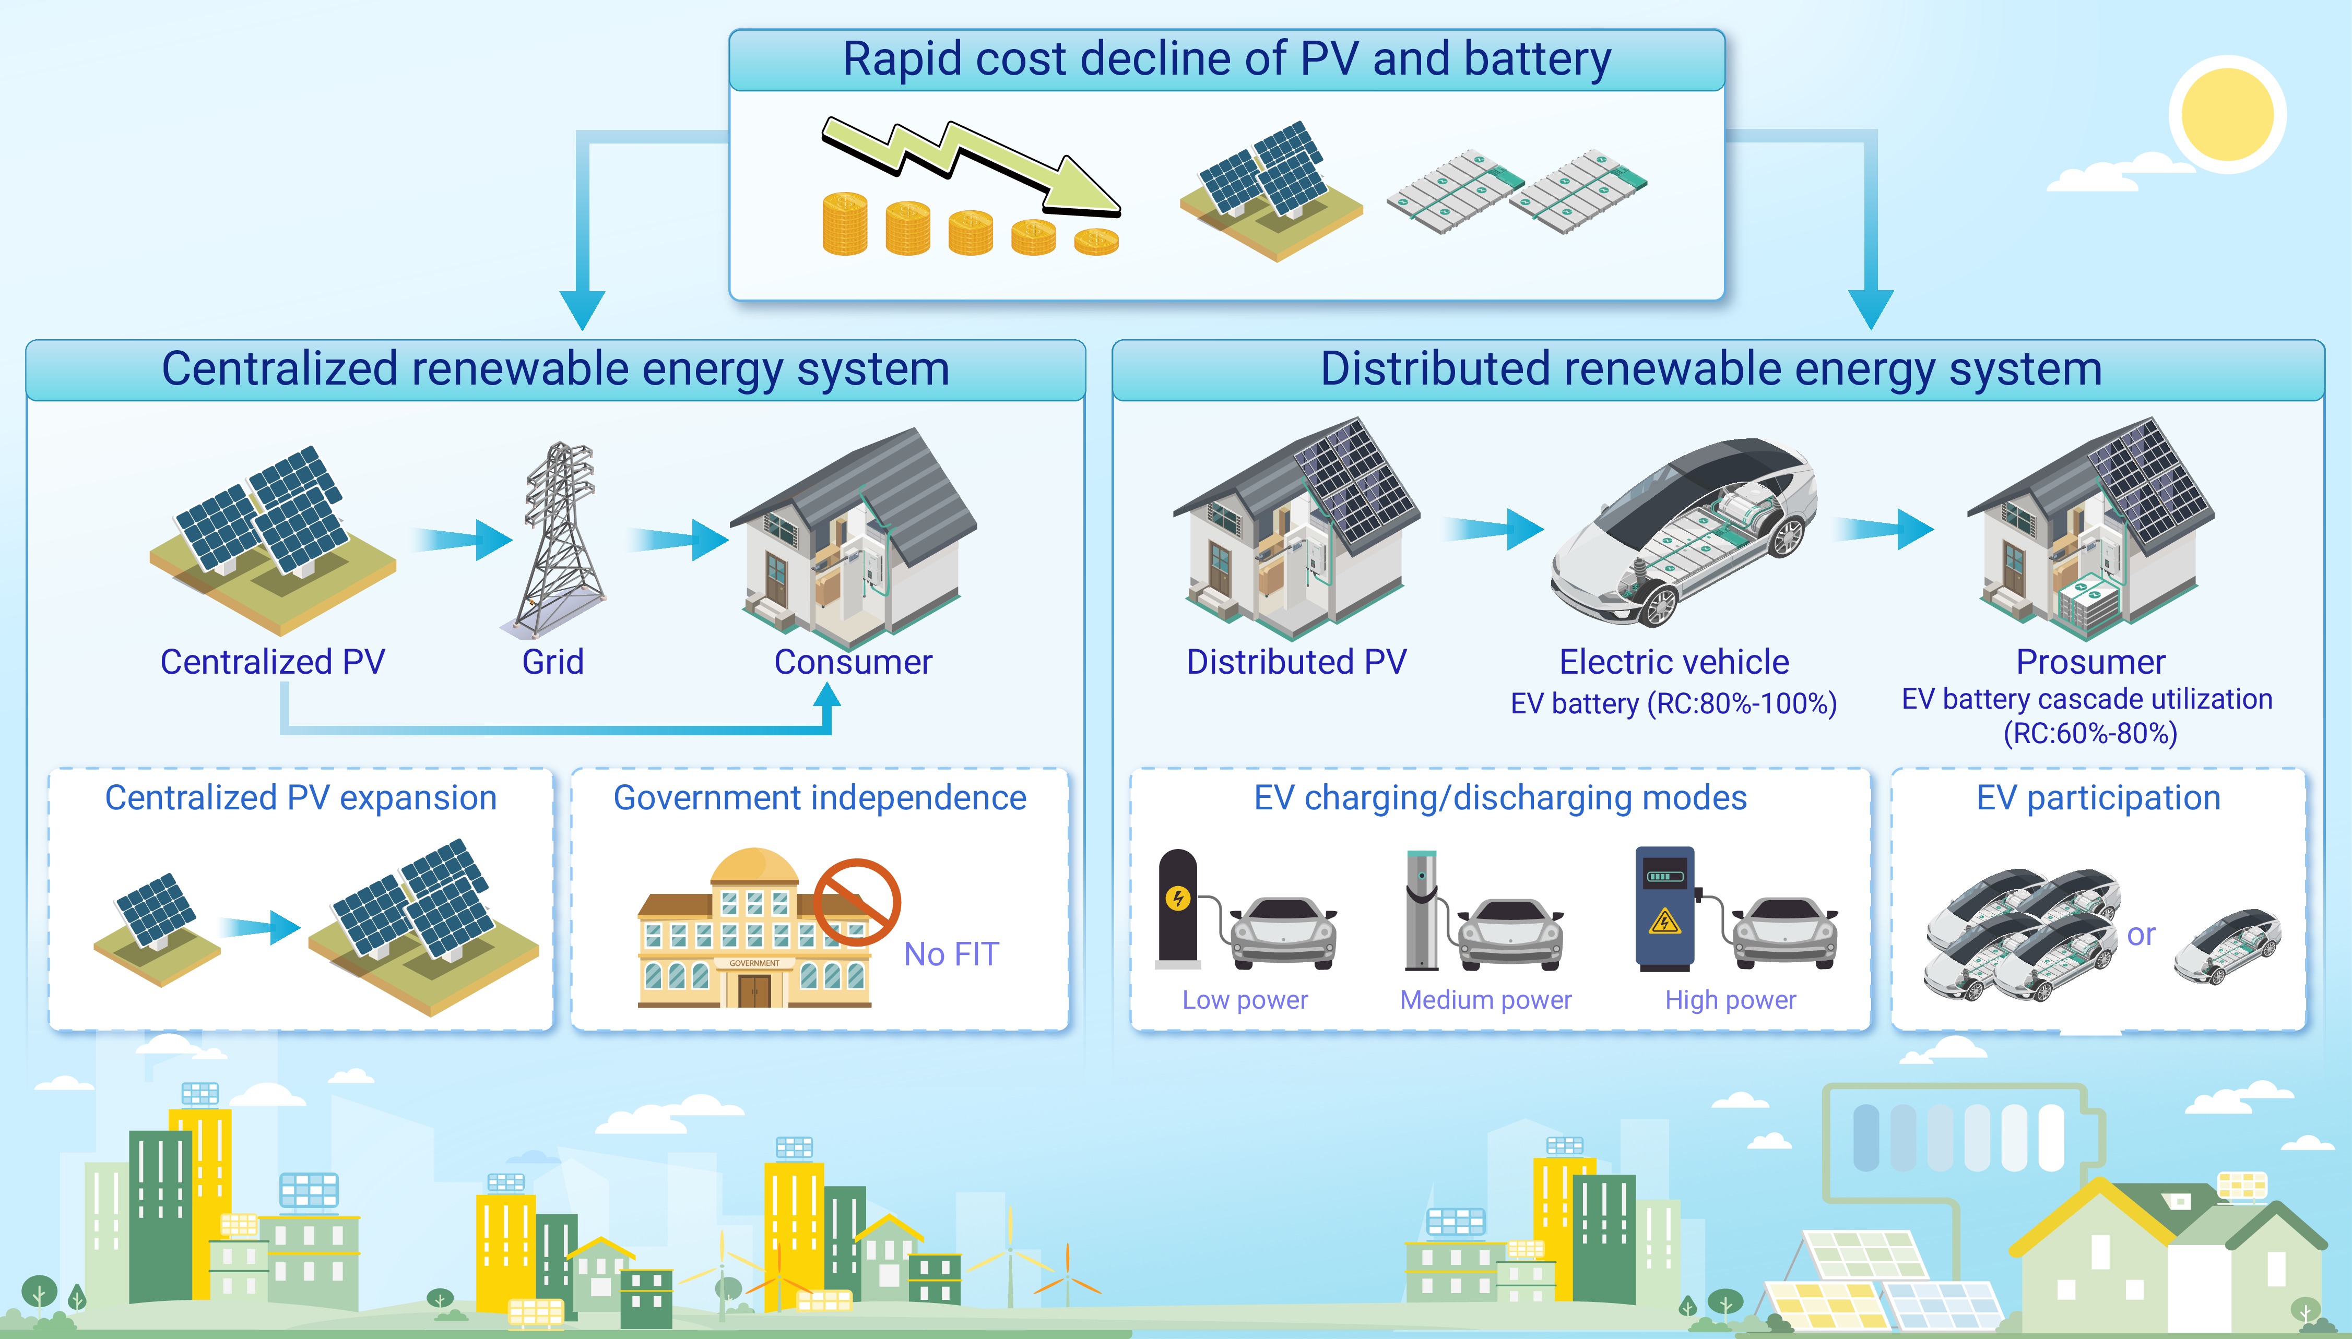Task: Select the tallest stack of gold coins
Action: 844,223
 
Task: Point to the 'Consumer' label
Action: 853,662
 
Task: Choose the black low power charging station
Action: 1177,908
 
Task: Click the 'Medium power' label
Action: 1485,1000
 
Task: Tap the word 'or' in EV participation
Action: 2142,935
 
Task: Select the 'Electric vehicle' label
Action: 1674,662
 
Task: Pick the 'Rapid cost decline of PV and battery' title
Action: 1227,59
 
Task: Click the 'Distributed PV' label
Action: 1296,662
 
